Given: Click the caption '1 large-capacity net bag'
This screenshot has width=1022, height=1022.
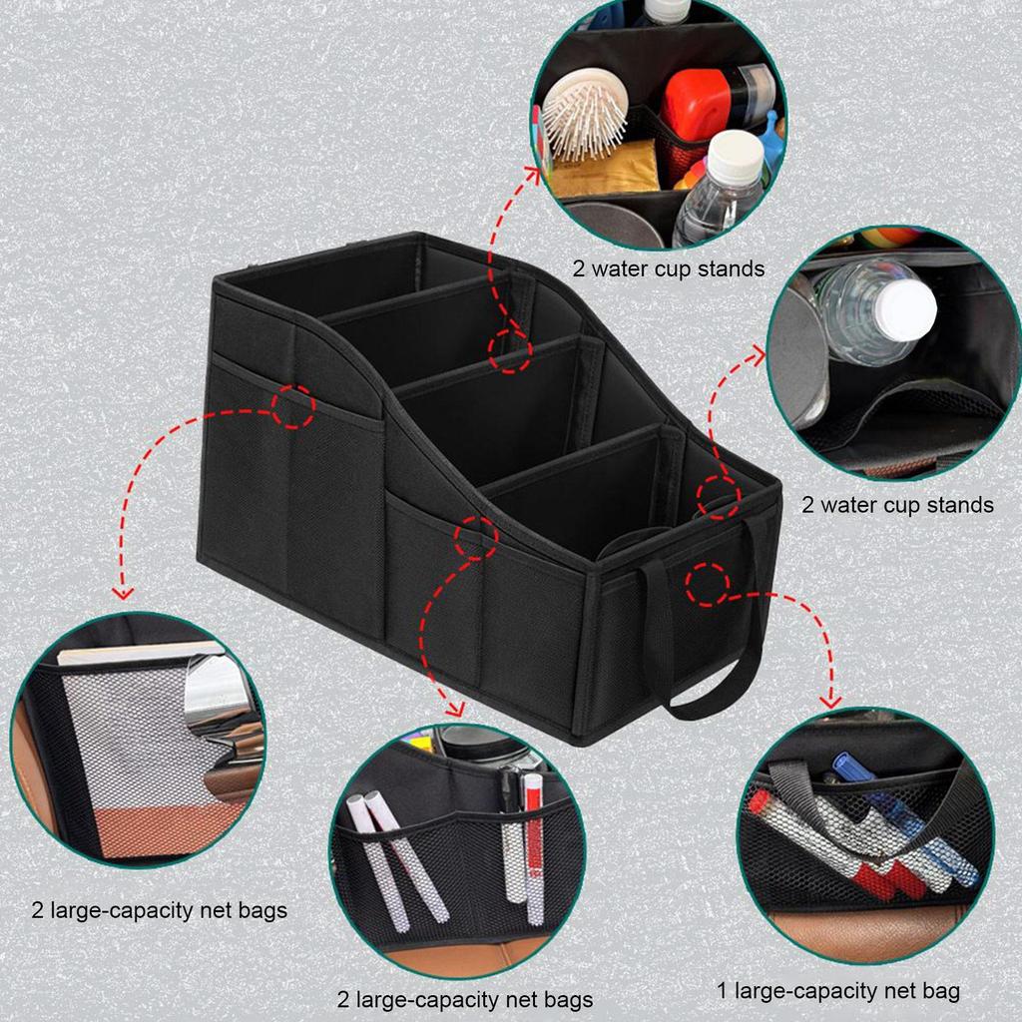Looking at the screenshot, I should click(838, 991).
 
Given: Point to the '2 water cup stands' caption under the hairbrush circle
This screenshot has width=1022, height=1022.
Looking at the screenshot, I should click(669, 268).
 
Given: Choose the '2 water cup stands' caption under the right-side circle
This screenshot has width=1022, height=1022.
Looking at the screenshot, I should click(898, 504).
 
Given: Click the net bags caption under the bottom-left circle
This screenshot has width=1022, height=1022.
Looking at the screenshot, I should click(160, 910).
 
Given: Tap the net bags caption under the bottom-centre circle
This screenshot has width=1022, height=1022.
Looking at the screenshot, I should click(465, 999).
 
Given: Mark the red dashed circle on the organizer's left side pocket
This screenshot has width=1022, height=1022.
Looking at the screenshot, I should click(292, 405).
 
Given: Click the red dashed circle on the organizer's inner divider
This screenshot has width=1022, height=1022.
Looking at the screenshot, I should click(510, 350).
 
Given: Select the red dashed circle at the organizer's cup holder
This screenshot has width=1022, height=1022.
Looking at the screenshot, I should click(719, 497).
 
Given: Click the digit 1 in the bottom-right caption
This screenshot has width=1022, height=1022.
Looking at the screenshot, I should click(723, 991).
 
